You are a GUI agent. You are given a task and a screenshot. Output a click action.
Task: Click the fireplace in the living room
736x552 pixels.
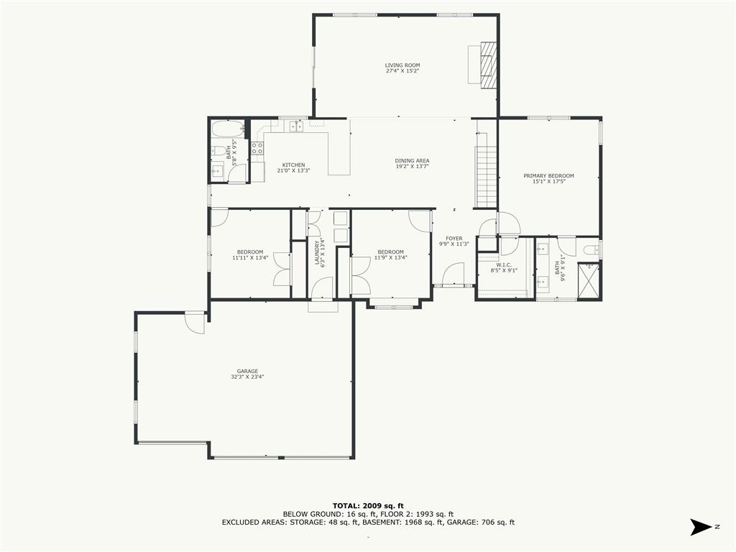(488, 64)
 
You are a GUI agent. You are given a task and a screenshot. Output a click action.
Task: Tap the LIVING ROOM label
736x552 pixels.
(402, 65)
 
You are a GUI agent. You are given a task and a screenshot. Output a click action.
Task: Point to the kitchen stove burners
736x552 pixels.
(257, 148)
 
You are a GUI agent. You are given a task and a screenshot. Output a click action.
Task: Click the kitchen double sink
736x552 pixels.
(295, 127)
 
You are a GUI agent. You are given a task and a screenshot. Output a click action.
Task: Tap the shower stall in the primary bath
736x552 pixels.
(590, 282)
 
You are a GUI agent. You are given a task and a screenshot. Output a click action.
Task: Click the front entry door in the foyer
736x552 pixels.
(454, 275)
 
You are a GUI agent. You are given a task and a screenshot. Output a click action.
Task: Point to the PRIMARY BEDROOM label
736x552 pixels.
(549, 175)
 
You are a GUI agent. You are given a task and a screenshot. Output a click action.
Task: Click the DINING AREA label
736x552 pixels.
(413, 160)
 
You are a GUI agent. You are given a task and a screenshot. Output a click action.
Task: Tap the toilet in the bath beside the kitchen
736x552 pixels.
(218, 151)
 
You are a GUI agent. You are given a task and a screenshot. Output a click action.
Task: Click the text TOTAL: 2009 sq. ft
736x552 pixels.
(368, 505)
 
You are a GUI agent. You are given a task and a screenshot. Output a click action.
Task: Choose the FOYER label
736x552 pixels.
(454, 238)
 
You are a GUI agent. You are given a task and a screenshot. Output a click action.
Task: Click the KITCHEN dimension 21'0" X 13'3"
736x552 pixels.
(293, 170)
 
